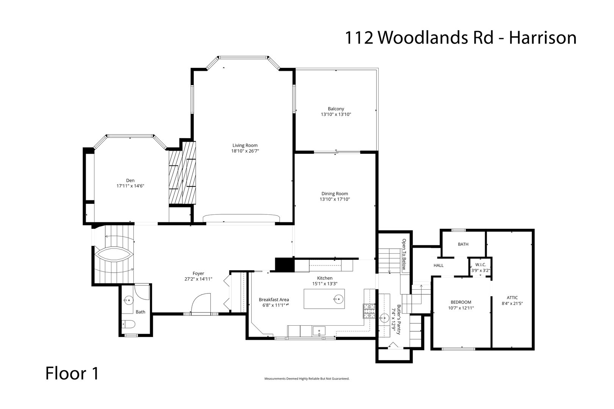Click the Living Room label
[x=245, y=145]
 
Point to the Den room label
[x=130, y=180]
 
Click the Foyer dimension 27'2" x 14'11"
[x=198, y=279]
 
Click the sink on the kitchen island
[x=337, y=299]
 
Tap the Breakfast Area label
[x=274, y=299]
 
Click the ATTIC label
[x=512, y=297]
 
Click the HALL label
[x=439, y=265]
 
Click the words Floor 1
[x=72, y=373]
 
